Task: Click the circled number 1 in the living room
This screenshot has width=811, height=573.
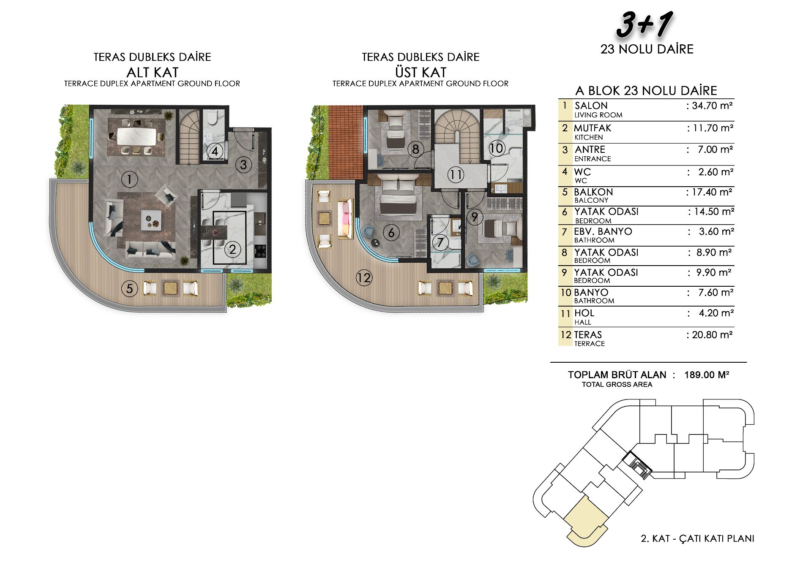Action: point(129,179)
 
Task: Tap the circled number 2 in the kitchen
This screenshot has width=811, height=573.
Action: point(232,250)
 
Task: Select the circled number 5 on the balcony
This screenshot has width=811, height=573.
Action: point(129,289)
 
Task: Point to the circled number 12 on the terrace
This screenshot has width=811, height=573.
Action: point(364,278)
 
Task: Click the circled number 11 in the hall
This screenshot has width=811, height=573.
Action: point(456,175)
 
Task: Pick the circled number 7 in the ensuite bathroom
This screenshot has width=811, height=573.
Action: point(440,242)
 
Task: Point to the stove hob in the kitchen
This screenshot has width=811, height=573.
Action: point(261,250)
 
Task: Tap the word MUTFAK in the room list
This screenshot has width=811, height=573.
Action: point(593,128)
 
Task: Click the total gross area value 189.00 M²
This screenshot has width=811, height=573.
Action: point(707,375)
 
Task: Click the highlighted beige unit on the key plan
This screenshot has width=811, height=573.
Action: point(586,520)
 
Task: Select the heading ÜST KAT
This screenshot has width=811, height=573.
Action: point(421,72)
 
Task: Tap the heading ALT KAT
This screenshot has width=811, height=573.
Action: point(152,72)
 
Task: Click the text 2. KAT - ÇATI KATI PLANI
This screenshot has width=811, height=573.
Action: point(698,538)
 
